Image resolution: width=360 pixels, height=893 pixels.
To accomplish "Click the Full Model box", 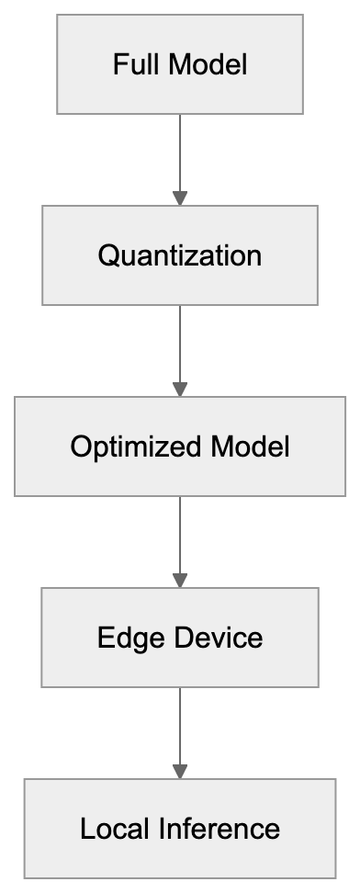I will click(180, 64).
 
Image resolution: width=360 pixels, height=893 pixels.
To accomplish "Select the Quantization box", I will click(180, 255).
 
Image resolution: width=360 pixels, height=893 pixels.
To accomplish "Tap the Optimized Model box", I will click(180, 446).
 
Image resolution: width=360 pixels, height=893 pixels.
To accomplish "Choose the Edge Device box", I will click(180, 638).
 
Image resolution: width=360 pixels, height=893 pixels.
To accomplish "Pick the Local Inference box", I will click(180, 829).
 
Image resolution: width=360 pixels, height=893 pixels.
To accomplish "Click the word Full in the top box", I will click(130, 65).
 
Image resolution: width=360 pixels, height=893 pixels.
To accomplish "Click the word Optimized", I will click(137, 447).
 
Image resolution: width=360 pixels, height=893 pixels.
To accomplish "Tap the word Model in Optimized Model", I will click(250, 447).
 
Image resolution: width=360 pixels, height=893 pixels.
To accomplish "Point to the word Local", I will click(115, 830).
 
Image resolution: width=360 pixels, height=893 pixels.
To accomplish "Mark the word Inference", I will click(220, 830).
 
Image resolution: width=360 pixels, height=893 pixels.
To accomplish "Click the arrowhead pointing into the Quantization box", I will click(180, 198).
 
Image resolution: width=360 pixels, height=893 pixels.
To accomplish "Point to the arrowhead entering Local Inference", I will click(180, 772).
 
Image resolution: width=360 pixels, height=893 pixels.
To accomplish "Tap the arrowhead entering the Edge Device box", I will click(180, 581).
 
